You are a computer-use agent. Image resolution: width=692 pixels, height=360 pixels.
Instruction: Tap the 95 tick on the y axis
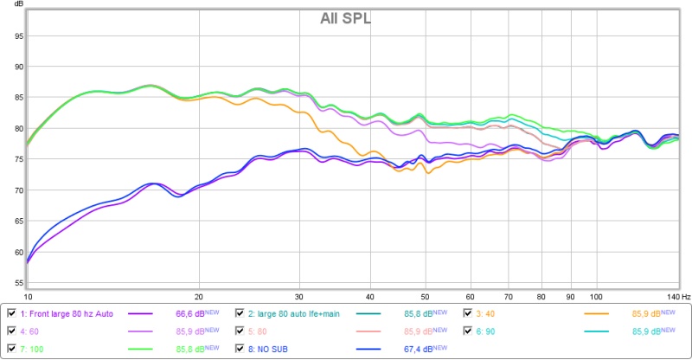coord(16,36)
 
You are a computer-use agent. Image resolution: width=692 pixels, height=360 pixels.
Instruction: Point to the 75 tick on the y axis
coord(16,160)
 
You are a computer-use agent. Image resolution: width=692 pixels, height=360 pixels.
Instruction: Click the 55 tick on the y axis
coord(16,283)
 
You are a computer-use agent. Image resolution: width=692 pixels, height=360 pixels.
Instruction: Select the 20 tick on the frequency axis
coord(199,296)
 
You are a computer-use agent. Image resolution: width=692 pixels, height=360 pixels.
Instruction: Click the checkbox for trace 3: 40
coord(468,313)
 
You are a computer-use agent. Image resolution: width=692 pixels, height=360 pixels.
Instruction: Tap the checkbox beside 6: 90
coord(468,331)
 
